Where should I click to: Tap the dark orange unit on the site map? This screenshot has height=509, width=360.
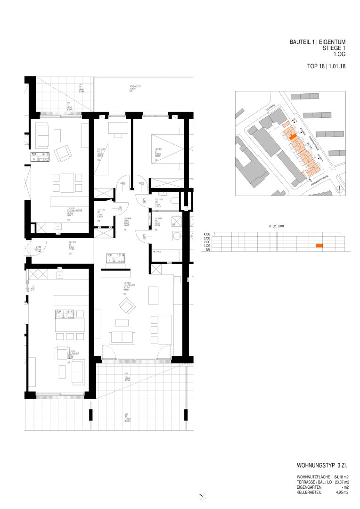pos(293,137)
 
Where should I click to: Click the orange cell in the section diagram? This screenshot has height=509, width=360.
pos(319,246)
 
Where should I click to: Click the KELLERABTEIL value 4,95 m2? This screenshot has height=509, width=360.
pos(343,493)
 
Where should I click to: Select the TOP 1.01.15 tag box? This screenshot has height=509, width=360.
pos(41,157)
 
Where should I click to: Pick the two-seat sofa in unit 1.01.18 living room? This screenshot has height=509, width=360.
pos(122,337)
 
